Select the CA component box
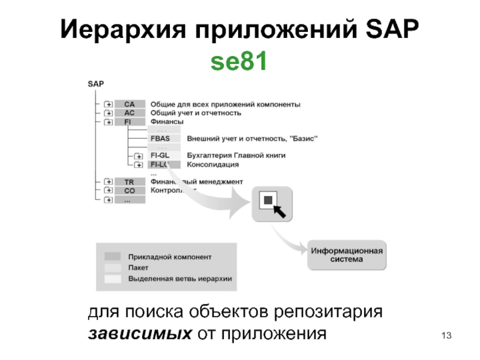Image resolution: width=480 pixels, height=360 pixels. (x=130, y=104)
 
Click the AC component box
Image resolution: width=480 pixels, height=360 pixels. (x=130, y=112)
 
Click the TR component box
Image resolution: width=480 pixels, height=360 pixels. (x=130, y=182)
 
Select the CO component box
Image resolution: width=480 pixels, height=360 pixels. (x=130, y=191)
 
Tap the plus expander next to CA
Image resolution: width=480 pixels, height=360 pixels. (x=109, y=104)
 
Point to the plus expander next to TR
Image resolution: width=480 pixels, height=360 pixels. (x=109, y=182)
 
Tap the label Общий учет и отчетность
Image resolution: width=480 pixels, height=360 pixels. (x=196, y=112)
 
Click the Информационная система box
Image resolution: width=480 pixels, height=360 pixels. (x=347, y=256)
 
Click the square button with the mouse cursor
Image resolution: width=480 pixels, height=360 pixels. (x=271, y=204)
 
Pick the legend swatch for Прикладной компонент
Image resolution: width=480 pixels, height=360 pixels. (x=113, y=257)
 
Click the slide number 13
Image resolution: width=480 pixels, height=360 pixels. (x=445, y=334)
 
